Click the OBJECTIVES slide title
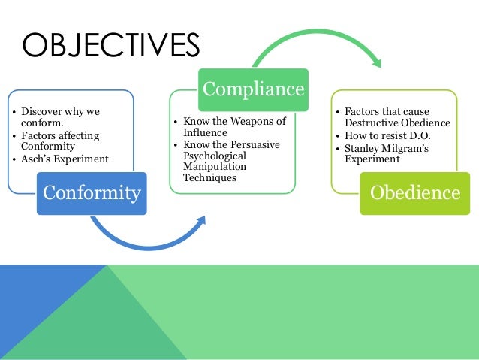(x=111, y=44)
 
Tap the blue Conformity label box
(x=92, y=192)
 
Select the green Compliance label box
(x=252, y=90)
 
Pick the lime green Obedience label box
(x=414, y=192)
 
